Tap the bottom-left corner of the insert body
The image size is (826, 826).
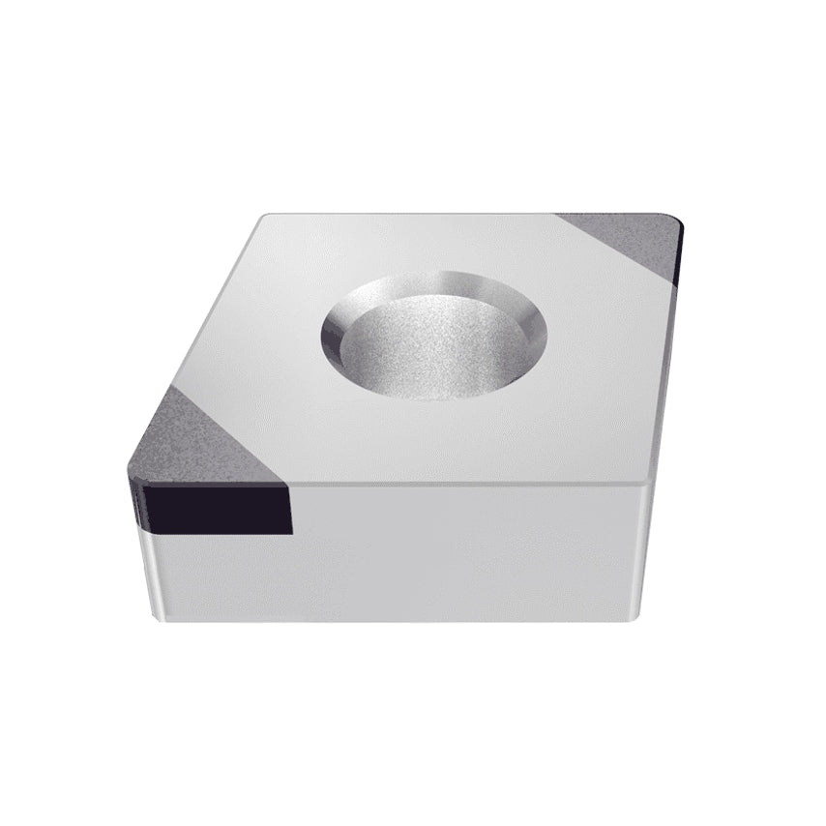[157, 611]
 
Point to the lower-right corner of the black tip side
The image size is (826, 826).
[288, 531]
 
